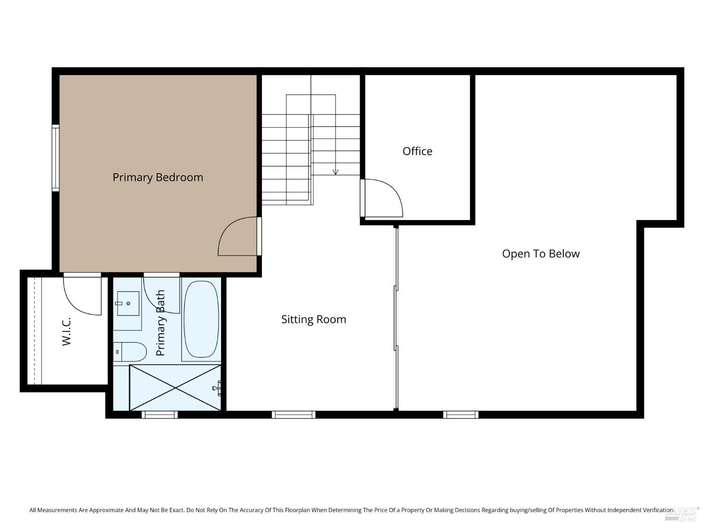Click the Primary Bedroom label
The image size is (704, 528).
[158, 177]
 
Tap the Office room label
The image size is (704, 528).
[417, 151]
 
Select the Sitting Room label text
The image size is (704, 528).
[314, 319]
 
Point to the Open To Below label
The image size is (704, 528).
[541, 254]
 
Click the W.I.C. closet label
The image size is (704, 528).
[66, 331]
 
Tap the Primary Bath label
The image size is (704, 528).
[161, 323]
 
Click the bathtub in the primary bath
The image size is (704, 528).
[201, 319]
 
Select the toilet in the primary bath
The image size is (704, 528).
[131, 352]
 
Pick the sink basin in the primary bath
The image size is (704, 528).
[128, 303]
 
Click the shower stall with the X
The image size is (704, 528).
[175, 388]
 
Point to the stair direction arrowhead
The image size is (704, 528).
[335, 172]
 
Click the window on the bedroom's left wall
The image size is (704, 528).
[55, 158]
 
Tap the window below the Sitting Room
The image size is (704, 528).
[293, 414]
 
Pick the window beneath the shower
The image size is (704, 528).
[160, 414]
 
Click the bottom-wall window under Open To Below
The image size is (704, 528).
[460, 414]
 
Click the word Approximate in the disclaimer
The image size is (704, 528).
[106, 510]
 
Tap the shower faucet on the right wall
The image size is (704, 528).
[218, 388]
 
